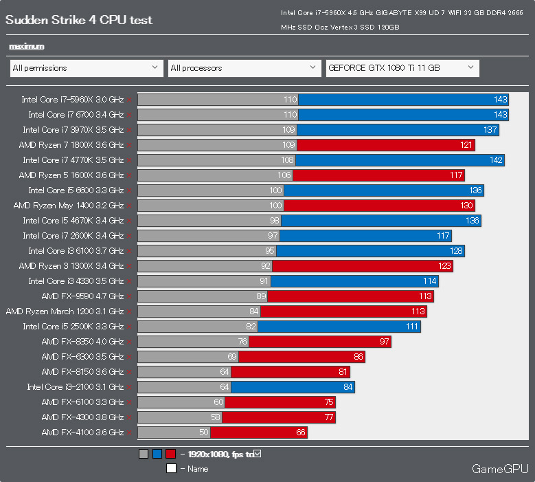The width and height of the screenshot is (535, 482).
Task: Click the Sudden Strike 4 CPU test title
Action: pyautogui.click(x=79, y=20)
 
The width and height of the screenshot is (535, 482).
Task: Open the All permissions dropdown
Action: pyautogui.click(x=87, y=68)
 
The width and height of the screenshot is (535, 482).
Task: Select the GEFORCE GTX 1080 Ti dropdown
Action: pyautogui.click(x=402, y=68)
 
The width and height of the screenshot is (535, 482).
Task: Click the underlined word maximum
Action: pyautogui.click(x=27, y=46)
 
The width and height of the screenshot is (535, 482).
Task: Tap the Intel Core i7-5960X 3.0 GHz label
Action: pyautogui.click(x=72, y=100)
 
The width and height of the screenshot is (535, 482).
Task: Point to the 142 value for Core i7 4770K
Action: pyautogui.click(x=497, y=160)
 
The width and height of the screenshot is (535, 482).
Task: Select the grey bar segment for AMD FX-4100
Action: pyautogui.click(x=174, y=432)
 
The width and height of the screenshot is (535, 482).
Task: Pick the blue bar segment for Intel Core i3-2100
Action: pyautogui.click(x=293, y=387)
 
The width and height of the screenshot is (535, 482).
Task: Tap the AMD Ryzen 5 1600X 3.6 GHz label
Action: pyautogui.click(x=71, y=175)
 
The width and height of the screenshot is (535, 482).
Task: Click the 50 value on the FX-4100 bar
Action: pyautogui.click(x=203, y=432)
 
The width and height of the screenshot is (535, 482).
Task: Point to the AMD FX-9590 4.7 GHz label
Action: pyautogui.click(x=82, y=296)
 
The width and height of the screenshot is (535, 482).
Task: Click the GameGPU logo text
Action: pyautogui.click(x=499, y=469)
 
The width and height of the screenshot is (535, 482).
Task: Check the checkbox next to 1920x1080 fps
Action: pyautogui.click(x=257, y=453)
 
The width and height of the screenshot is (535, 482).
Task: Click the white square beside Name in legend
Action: pyautogui.click(x=171, y=468)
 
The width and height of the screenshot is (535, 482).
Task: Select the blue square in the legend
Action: pyautogui.click(x=157, y=454)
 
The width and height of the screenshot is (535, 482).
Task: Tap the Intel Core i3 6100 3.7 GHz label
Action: pyautogui.click(x=76, y=251)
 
